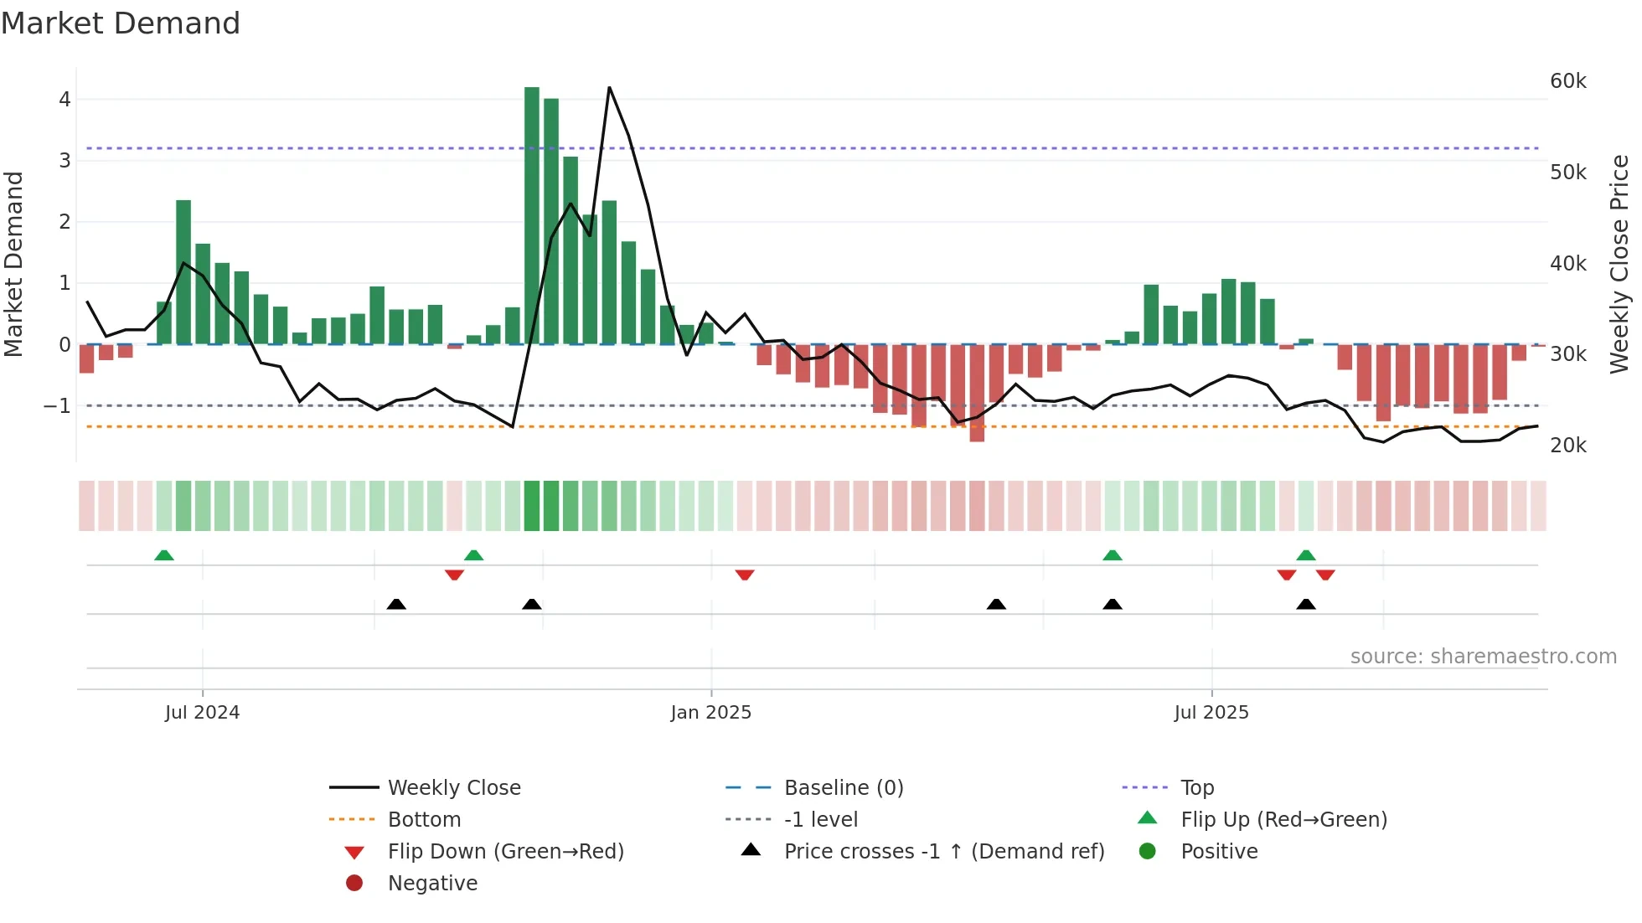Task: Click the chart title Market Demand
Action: click(121, 23)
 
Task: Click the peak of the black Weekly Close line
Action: click(609, 87)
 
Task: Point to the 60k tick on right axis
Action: click(1567, 81)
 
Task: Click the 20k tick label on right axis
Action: click(1567, 446)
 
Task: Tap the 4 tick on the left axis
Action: click(65, 100)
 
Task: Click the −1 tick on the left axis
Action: click(58, 406)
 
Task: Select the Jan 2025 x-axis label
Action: click(710, 713)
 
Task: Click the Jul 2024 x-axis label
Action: click(202, 713)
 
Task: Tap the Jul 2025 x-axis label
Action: click(1211, 713)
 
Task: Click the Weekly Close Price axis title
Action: click(1619, 264)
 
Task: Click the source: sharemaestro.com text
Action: click(1483, 657)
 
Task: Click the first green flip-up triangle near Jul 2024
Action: click(164, 555)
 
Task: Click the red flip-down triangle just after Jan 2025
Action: click(745, 575)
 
